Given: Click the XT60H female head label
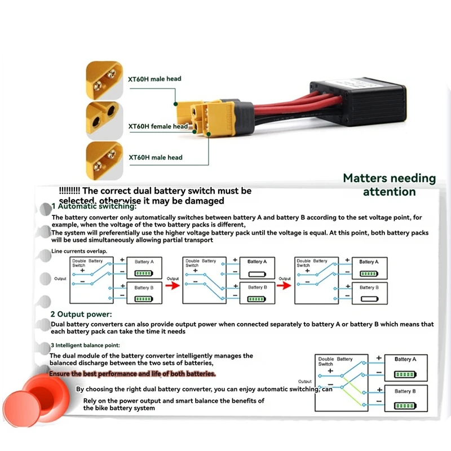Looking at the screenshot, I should coord(158,126).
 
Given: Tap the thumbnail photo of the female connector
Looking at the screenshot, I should coord(104,117).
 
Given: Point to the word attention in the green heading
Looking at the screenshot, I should coord(389,192).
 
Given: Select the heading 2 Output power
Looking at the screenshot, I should coord(82,314).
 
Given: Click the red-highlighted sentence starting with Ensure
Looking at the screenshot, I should coord(132,374).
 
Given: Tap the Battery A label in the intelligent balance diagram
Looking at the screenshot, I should coord(405,359).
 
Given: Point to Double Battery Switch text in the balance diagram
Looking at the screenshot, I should coord(335,361).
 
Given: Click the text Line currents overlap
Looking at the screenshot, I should coord(79,251).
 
